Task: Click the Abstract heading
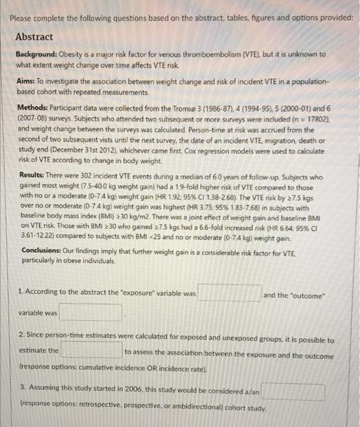point(36,37)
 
